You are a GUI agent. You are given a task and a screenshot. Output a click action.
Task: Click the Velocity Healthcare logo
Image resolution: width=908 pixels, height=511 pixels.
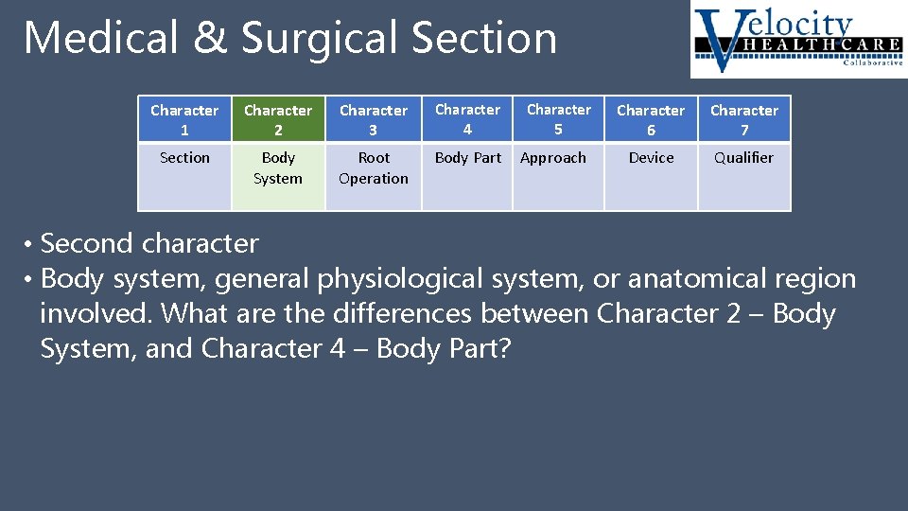tap(797, 40)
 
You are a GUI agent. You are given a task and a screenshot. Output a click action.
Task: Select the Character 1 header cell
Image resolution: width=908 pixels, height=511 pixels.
tap(184, 120)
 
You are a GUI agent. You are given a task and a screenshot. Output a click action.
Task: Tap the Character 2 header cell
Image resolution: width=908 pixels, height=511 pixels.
tap(278, 120)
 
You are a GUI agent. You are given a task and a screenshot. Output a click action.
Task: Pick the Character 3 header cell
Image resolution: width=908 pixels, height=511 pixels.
tap(374, 120)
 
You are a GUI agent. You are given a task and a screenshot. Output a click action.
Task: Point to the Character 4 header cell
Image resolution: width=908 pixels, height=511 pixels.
tap(467, 119)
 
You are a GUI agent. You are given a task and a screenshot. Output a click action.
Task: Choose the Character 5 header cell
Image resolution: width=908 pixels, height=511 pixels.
tap(558, 119)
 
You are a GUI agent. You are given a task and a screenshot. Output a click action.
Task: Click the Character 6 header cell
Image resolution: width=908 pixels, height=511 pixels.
tap(651, 120)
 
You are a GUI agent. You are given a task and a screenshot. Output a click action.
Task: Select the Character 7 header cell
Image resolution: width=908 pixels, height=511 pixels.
tap(744, 120)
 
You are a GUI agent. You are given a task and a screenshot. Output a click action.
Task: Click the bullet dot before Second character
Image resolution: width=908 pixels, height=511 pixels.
tap(29, 244)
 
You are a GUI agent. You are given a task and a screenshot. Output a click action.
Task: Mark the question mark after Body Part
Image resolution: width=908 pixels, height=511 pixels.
tap(503, 349)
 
